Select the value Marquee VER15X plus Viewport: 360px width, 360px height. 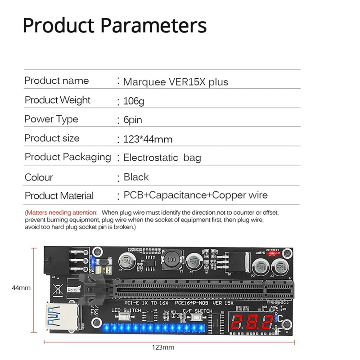(175, 82)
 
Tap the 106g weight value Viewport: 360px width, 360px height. (134, 101)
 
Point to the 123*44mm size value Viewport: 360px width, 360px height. (148, 139)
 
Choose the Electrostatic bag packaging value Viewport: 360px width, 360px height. (162, 158)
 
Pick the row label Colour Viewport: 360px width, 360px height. (39, 177)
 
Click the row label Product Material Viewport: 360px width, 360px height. (59, 196)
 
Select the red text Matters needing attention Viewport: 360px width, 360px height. (61, 212)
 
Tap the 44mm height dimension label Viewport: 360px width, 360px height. (21, 288)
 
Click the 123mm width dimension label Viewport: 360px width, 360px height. (163, 347)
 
